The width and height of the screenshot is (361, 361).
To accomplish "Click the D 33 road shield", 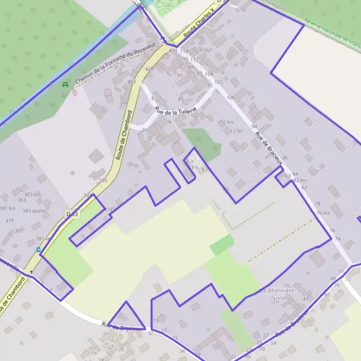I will (x=72, y=214).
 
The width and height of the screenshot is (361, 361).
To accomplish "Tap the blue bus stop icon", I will (x=39, y=249).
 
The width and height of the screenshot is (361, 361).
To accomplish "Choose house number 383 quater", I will (x=35, y=211).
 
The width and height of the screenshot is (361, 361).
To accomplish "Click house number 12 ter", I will (x=236, y=131).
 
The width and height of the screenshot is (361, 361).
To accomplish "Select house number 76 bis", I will (x=322, y=213).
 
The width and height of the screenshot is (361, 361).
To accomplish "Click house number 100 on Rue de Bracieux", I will (x=230, y=97).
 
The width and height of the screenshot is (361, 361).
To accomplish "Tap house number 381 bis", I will (x=7, y=208).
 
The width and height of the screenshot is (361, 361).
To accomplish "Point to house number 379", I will (x=9, y=221).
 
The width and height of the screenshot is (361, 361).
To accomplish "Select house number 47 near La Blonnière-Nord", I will (x=305, y=299).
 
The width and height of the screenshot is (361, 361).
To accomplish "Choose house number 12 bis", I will (x=226, y=122).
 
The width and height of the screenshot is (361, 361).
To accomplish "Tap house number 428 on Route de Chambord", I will (x=149, y=69).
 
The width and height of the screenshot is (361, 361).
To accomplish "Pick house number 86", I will (x=285, y=158).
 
